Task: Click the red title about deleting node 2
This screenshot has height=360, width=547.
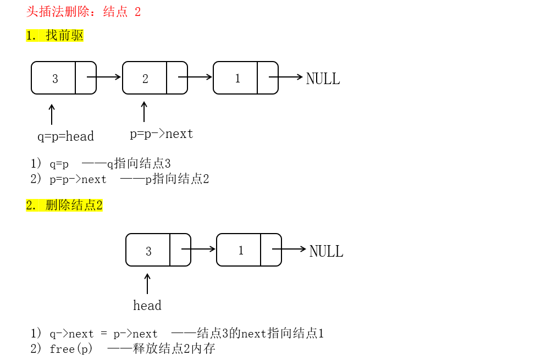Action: tap(84, 12)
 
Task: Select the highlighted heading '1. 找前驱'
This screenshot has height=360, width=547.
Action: tap(54, 36)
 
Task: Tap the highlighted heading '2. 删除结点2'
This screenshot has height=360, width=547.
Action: tap(64, 206)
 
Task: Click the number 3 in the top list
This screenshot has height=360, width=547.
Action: tap(55, 79)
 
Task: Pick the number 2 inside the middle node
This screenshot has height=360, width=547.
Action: tap(145, 79)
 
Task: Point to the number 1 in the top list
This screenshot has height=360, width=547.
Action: tap(237, 78)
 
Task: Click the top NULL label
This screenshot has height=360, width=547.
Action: tap(323, 79)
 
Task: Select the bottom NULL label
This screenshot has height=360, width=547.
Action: tap(326, 251)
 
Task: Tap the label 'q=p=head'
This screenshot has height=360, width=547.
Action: tap(65, 136)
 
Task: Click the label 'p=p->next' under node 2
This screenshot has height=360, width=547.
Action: tap(162, 134)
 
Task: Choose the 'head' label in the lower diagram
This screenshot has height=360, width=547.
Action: tap(147, 306)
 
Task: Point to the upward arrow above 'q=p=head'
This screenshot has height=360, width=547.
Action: tap(52, 114)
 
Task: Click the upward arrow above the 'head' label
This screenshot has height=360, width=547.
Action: tap(147, 284)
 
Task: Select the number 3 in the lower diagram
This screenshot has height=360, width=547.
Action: tap(148, 251)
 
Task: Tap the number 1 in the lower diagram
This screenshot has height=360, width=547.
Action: tap(241, 251)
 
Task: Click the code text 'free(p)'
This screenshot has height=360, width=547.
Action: tap(71, 349)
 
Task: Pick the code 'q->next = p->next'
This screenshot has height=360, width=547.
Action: tap(103, 334)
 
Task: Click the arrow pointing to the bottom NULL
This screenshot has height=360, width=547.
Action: tap(289, 249)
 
